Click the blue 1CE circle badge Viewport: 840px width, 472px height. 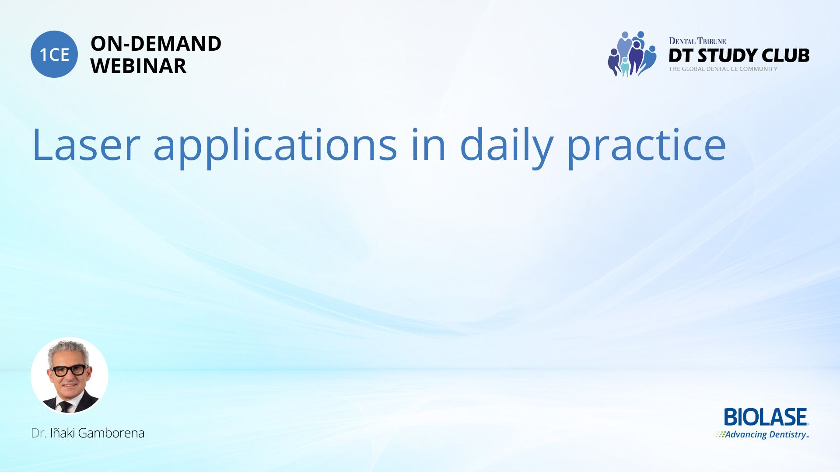tap(54, 54)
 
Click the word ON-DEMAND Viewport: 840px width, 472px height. tap(156, 44)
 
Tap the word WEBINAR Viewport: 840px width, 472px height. tap(138, 66)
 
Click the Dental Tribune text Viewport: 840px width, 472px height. tap(697, 41)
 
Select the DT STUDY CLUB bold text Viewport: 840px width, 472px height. tap(739, 56)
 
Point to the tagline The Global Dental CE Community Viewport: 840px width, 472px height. tap(723, 69)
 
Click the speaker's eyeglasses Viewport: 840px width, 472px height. tap(70, 370)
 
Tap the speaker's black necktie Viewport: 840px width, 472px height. tap(65, 407)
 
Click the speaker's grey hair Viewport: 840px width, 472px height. tap(69, 350)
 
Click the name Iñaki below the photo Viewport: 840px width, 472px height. tap(62, 433)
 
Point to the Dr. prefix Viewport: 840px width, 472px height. tap(38, 433)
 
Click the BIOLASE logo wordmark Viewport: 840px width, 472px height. tap(766, 417)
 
